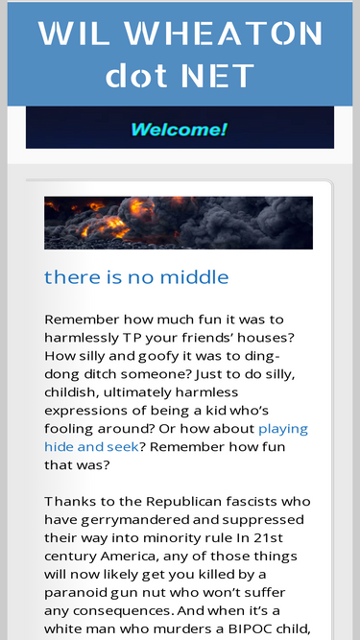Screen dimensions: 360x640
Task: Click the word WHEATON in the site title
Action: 224,33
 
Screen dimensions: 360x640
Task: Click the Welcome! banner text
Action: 179,130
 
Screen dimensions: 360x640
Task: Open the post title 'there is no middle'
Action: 136,277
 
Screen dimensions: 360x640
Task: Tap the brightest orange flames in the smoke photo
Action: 115,225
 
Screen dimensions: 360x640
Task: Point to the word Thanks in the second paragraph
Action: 67,501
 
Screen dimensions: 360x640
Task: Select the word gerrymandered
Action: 132,520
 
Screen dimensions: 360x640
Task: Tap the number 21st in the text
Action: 268,537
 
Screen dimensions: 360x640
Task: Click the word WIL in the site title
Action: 74,33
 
